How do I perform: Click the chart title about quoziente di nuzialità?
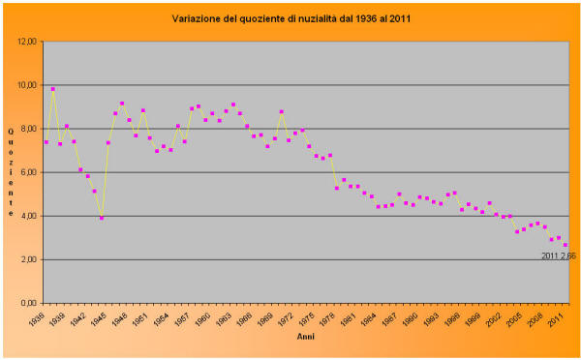pos(290,18)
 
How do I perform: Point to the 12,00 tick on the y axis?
pos(26,42)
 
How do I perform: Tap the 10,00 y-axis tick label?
pos(26,85)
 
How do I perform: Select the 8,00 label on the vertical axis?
pos(28,129)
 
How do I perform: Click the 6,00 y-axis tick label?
pos(28,172)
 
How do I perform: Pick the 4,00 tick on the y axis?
pos(28,216)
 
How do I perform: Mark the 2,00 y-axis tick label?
pos(28,259)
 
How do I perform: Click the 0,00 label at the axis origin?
pos(28,303)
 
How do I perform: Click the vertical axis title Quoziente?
pos(11,171)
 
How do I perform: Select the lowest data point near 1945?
pos(102,218)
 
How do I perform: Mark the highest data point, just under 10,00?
pos(53,89)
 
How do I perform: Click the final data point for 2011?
pos(566,245)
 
